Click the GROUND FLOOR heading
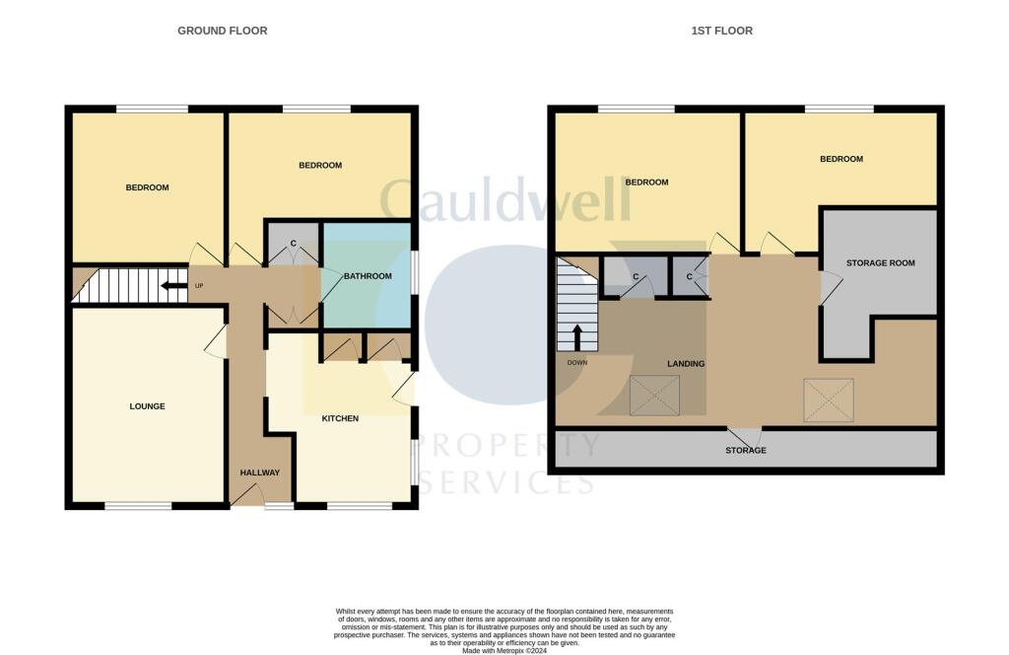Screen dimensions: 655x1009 (222, 31)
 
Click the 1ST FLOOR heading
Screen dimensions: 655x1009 (721, 31)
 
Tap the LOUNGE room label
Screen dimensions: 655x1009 (147, 406)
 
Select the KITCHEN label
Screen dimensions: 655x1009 (340, 418)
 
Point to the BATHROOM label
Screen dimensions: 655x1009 (368, 276)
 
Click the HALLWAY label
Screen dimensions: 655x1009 (260, 473)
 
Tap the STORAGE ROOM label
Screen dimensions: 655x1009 (881, 263)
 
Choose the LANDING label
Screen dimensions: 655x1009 (686, 364)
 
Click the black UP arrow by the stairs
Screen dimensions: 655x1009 (174, 286)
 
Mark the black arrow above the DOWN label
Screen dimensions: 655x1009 (576, 337)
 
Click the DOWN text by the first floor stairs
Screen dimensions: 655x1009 (576, 362)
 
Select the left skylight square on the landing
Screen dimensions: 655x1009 (650, 397)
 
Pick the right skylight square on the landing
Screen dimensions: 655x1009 (828, 400)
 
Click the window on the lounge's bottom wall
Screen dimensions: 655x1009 (138, 506)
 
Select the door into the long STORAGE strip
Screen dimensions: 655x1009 (744, 435)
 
